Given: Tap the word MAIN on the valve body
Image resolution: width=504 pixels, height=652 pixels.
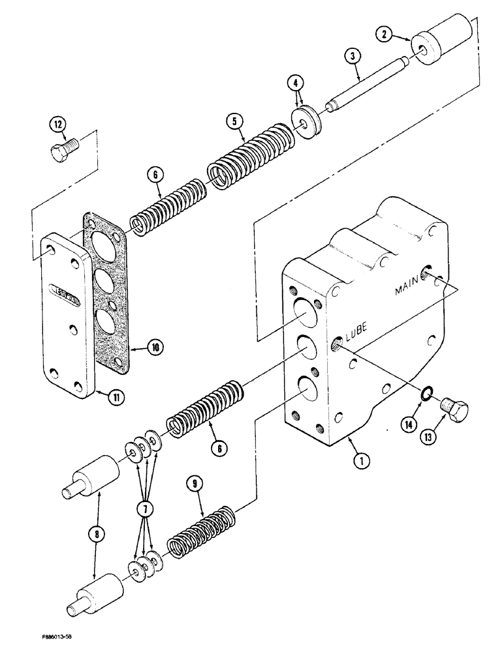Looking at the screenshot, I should pos(409,289).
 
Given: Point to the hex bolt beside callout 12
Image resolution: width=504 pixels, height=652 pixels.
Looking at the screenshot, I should pos(65,151).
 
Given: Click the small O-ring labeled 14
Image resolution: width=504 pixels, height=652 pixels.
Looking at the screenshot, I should pos(424,395).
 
